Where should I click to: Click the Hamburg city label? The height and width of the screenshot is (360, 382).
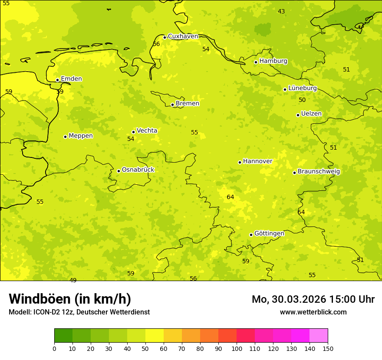(x=273, y=61)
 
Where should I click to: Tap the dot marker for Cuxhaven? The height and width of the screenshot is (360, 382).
(x=165, y=37)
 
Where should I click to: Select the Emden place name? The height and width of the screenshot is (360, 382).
(x=71, y=79)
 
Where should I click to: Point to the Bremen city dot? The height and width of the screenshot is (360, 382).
(x=172, y=105)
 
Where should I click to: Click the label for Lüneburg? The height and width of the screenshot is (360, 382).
(x=302, y=88)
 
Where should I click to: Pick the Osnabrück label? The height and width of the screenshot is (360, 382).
(x=138, y=170)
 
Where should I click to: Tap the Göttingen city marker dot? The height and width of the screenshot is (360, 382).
(x=251, y=235)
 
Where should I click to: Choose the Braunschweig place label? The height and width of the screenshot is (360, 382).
(x=319, y=171)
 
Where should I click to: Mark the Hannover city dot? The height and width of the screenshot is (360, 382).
(x=240, y=162)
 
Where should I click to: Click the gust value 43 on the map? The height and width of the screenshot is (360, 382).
(x=281, y=11)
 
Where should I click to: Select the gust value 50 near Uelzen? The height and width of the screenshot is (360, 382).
(x=302, y=100)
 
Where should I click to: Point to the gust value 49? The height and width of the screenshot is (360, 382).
(x=73, y=280)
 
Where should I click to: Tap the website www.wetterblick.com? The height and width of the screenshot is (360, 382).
(x=313, y=312)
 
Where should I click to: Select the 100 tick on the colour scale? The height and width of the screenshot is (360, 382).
(x=237, y=348)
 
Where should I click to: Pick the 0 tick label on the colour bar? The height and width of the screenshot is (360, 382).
(x=54, y=348)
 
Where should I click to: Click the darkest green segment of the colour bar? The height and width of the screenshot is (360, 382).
(x=63, y=336)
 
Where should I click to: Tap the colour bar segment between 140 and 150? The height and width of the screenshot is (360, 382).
(x=319, y=336)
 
